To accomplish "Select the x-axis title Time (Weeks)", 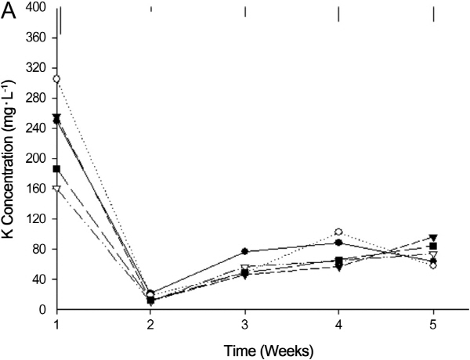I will [245, 345].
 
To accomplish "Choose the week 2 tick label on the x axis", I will [151, 323].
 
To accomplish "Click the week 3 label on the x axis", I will [245, 323].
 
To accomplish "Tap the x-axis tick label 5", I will [433, 323].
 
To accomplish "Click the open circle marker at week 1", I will [56, 79].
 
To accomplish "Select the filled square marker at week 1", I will [56, 169].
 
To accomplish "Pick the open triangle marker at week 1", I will [56, 189].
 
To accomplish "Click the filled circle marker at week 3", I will [245, 251].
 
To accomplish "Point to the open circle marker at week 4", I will [338, 232].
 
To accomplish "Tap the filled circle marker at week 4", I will [338, 243].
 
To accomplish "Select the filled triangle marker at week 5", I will [433, 237].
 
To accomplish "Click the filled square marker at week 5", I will [433, 247].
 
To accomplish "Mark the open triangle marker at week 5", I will [433, 255].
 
